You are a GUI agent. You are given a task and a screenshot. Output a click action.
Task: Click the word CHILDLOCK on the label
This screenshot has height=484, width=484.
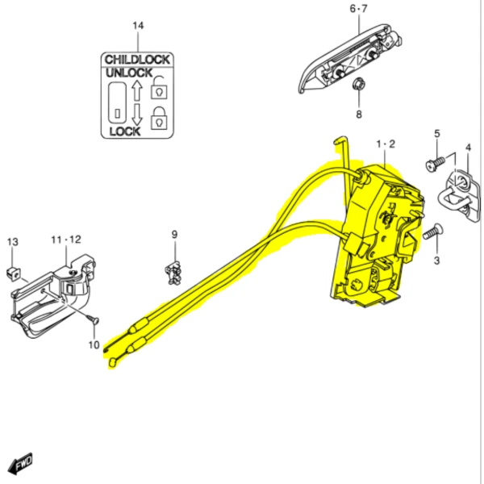(136, 59)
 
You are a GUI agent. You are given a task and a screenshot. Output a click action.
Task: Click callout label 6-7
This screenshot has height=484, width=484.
(358, 9)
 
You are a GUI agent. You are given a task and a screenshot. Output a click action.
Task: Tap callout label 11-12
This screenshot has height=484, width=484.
(66, 240)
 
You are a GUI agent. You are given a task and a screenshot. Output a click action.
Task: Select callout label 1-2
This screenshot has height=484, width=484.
(386, 144)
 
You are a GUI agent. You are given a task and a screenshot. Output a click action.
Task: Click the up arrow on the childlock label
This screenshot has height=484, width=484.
(137, 88)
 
